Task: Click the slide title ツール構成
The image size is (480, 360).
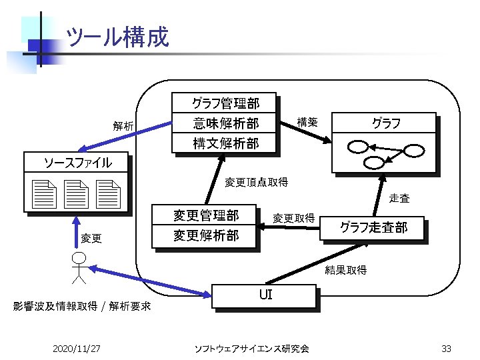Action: pyautogui.click(x=118, y=37)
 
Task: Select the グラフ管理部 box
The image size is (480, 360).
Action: pyautogui.click(x=225, y=103)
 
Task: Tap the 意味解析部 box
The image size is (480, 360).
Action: pyautogui.click(x=225, y=123)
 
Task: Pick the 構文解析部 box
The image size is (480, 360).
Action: pyautogui.click(x=225, y=143)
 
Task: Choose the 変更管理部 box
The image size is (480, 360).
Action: pyautogui.click(x=205, y=215)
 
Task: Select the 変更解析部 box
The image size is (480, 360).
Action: pyautogui.click(x=205, y=235)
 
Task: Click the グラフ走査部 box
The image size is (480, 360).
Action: pyautogui.click(x=373, y=227)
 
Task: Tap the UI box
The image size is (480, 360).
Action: pyautogui.click(x=264, y=295)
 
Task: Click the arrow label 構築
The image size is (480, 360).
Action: pyautogui.click(x=307, y=122)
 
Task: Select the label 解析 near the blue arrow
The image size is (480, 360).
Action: pyautogui.click(x=123, y=125)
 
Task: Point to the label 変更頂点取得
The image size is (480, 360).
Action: pyautogui.click(x=256, y=182)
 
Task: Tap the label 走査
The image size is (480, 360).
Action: pyautogui.click(x=399, y=198)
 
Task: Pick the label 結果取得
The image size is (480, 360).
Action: pyautogui.click(x=345, y=270)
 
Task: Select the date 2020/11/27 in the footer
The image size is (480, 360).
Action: pyautogui.click(x=76, y=348)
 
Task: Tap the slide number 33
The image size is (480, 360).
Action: pyautogui.click(x=447, y=348)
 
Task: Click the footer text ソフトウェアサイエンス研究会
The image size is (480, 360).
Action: pyautogui.click(x=251, y=348)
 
